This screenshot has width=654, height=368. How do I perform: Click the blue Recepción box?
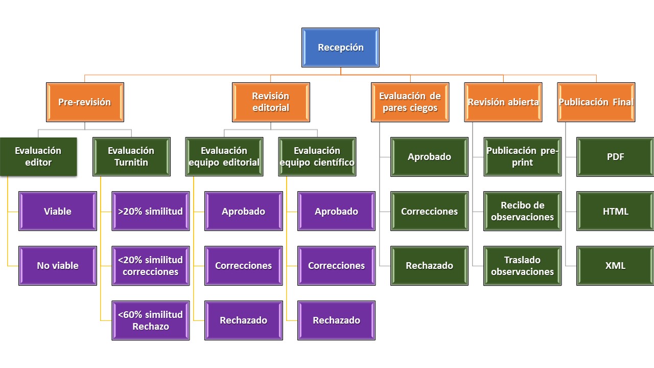[340, 48]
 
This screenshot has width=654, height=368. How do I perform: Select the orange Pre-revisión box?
[85, 102]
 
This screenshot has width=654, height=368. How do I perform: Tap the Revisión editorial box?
[271, 102]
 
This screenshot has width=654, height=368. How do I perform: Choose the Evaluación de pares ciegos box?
[410, 102]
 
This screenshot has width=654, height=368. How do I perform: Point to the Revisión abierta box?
[503, 102]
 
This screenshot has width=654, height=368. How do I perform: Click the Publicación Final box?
[596, 102]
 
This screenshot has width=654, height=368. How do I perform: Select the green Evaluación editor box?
[38, 156]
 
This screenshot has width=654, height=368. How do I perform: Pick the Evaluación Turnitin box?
[131, 156]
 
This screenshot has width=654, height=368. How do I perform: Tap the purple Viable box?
[58, 211]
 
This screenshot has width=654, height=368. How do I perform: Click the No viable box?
[58, 266]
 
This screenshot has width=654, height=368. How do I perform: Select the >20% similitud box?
[151, 211]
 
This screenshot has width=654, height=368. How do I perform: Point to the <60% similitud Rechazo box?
[151, 320]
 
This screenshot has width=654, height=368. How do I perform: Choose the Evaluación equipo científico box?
[317, 156]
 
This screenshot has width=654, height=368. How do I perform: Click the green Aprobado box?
[429, 156]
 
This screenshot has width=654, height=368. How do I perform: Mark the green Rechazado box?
[429, 266]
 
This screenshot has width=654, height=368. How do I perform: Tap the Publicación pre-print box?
[522, 156]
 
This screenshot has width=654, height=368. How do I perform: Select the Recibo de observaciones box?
[522, 211]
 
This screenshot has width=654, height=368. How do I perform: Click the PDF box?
[615, 156]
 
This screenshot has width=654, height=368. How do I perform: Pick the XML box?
[615, 266]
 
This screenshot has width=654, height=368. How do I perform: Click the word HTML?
[615, 211]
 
